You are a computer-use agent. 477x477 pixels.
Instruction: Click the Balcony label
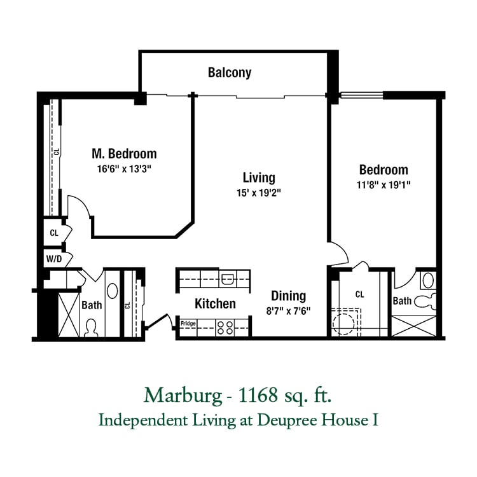tap(230, 73)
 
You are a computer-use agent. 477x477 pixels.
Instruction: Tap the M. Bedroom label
tap(125, 154)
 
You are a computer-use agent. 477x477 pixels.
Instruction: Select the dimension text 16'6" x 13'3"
tap(124, 169)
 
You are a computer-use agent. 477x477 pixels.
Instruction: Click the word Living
tap(259, 177)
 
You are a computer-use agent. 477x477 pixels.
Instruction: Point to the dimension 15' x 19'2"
tap(259, 193)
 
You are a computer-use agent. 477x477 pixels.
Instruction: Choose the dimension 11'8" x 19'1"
tap(384, 184)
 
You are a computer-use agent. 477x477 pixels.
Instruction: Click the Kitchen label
tap(215, 303)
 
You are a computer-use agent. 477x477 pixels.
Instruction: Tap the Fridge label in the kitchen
tap(188, 323)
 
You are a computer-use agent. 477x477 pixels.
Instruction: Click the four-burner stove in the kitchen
tap(225, 328)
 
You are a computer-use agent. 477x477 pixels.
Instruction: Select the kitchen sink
tap(228, 279)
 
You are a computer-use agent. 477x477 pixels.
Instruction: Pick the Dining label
tap(288, 296)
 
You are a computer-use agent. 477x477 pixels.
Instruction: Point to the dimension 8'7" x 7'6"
tap(288, 311)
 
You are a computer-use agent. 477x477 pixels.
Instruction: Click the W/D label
tap(54, 259)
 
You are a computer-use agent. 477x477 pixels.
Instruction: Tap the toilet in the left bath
tap(91, 328)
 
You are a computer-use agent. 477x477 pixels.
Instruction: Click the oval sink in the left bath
tap(112, 291)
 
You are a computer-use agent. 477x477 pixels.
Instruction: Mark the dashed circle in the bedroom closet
tap(343, 324)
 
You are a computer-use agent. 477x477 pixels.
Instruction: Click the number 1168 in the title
tap(258, 396)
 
